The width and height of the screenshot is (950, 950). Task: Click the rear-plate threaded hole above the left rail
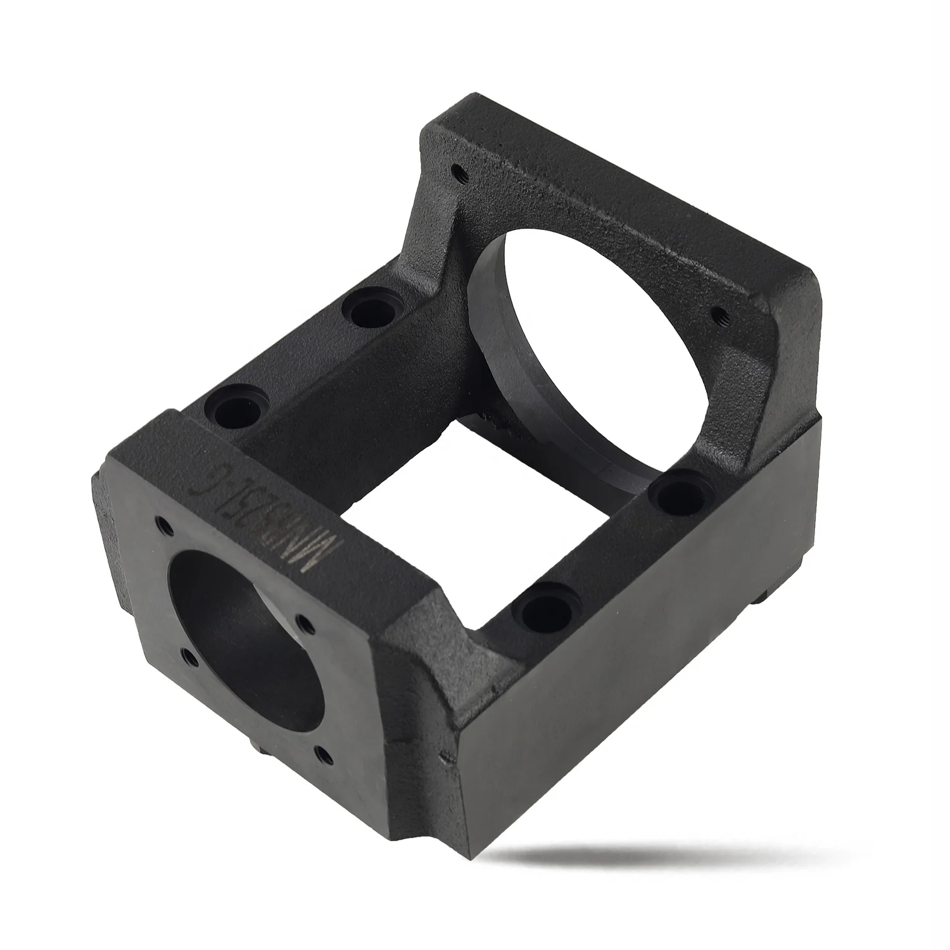457,171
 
